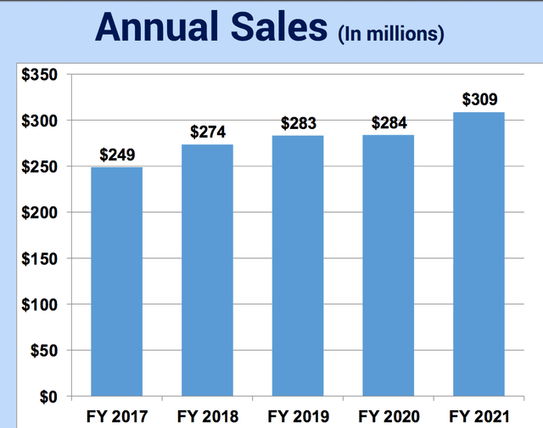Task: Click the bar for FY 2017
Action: (x=117, y=282)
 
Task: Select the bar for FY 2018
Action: (x=208, y=270)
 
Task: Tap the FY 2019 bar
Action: (x=299, y=266)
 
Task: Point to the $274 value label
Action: (x=208, y=132)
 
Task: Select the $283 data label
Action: (x=299, y=124)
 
